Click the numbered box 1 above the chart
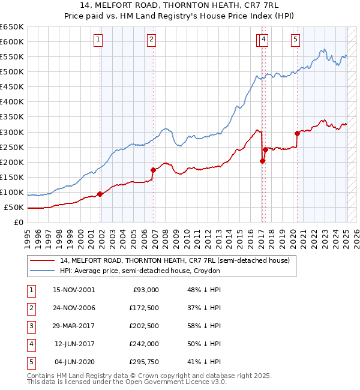(x=98, y=40)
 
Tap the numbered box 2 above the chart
(x=151, y=40)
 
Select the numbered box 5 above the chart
(x=296, y=40)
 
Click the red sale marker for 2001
(x=100, y=194)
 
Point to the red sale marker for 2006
(x=153, y=170)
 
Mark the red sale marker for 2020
(x=297, y=133)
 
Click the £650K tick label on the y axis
(x=12, y=27)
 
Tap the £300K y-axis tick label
(x=12, y=132)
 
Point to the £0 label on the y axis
(x=19, y=223)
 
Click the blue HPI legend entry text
(x=140, y=271)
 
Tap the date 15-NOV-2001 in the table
(x=74, y=290)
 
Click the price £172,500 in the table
(x=145, y=308)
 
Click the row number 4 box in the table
(x=31, y=344)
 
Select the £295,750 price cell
(x=145, y=362)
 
